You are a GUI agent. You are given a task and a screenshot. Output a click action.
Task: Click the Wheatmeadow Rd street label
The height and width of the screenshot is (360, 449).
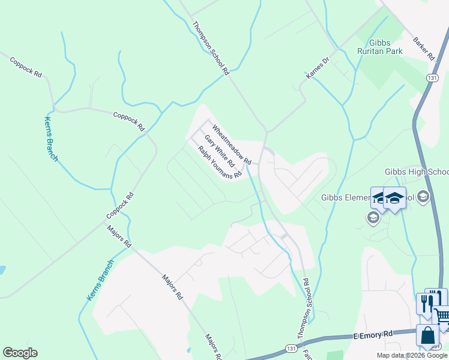[x=231, y=145]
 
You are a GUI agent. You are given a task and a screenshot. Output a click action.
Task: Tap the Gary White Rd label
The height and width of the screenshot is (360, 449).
[x=219, y=151]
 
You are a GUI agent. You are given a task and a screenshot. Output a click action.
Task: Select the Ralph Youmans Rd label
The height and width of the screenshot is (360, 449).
[x=220, y=163]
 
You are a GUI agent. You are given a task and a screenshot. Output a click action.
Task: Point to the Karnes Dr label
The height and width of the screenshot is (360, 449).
[x=318, y=68]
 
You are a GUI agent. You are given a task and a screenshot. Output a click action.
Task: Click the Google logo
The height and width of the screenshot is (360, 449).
[x=20, y=353]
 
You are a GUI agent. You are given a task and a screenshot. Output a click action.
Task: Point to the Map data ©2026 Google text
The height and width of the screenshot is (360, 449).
[x=412, y=355]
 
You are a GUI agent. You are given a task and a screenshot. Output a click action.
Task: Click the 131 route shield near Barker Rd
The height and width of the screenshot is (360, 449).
[x=432, y=78]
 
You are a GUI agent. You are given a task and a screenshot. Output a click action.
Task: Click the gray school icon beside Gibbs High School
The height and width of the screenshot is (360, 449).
[x=423, y=197]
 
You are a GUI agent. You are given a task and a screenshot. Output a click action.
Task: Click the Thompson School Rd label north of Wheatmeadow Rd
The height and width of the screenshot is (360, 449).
[x=211, y=48]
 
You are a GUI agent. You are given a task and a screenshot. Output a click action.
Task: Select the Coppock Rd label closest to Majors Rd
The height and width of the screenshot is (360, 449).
[x=119, y=206]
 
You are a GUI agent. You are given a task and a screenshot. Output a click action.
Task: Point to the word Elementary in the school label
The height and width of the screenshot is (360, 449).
[x=378, y=197]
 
